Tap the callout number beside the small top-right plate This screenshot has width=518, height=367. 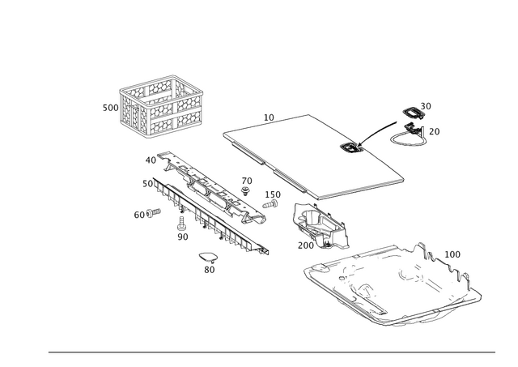(x=427, y=105)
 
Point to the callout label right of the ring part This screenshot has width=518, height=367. (x=435, y=130)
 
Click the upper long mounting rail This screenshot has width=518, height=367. (x=202, y=186)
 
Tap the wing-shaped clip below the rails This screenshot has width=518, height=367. (x=208, y=258)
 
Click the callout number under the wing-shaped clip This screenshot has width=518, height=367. (x=209, y=270)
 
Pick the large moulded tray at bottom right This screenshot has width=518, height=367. (x=388, y=284)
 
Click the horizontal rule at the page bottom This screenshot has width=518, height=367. (x=271, y=352)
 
